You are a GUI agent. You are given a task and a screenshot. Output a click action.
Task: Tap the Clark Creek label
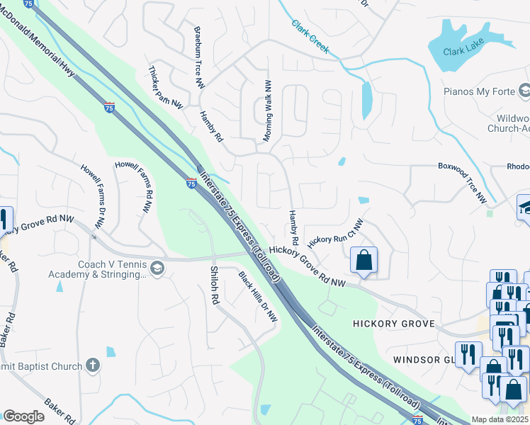[310, 35]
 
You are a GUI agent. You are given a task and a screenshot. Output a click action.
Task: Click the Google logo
[23, 416]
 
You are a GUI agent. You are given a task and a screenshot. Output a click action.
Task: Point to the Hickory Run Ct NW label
[335, 231]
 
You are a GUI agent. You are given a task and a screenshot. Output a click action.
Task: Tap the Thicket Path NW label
[166, 88]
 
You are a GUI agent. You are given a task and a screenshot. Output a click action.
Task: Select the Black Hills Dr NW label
[257, 297]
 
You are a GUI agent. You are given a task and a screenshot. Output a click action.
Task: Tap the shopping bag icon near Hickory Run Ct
[363, 260]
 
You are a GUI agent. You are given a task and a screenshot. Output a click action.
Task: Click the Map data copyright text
[500, 419]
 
